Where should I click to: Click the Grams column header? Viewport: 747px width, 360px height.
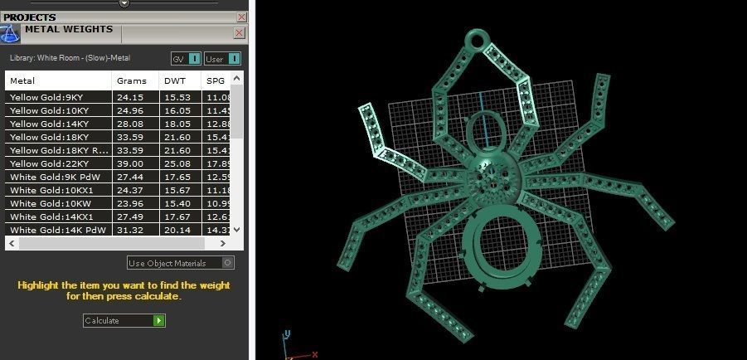[x=132, y=80]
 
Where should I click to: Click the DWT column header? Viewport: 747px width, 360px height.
[x=174, y=80]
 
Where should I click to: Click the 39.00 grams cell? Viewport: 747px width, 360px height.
[x=129, y=163]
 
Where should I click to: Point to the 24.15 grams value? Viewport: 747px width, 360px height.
[x=129, y=97]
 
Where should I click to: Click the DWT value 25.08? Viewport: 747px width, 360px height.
[x=177, y=163]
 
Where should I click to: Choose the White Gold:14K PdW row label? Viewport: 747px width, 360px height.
[x=51, y=230]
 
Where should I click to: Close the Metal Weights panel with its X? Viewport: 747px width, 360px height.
[x=239, y=33]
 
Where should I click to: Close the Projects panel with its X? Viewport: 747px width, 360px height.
[x=241, y=17]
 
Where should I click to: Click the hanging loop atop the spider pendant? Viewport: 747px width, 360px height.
[x=478, y=39]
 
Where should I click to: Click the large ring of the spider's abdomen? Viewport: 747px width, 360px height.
[x=494, y=249]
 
